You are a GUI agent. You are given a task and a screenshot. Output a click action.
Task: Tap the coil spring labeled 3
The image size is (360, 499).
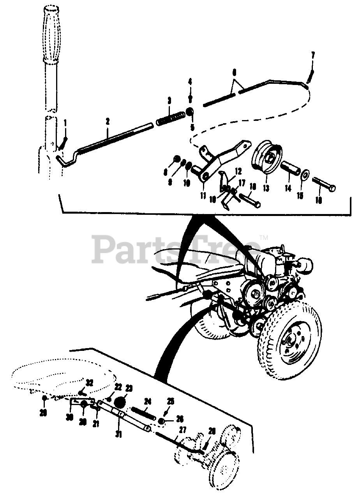[x=170, y=117]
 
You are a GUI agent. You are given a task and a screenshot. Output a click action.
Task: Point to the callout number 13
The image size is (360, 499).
[x=266, y=188]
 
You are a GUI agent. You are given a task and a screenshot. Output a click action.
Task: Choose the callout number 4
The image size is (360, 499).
[x=190, y=81]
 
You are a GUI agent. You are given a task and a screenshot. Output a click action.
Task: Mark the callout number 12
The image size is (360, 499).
[x=238, y=171]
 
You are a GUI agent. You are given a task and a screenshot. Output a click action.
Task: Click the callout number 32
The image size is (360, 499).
[x=90, y=382]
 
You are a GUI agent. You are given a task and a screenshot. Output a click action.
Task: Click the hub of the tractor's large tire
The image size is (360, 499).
[x=291, y=340]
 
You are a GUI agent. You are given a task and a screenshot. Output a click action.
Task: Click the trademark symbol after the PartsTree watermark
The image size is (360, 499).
[x=264, y=237]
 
